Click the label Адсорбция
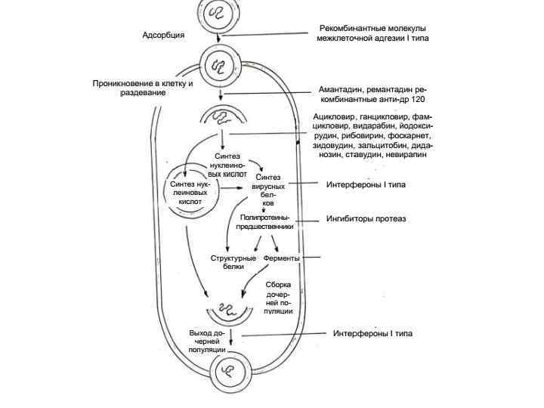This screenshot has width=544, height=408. (x=163, y=35)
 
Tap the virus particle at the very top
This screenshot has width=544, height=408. (x=220, y=14)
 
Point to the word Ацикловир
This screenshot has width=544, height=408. (x=338, y=117)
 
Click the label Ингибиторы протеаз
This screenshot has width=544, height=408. (x=366, y=219)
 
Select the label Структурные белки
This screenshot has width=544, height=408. (x=228, y=262)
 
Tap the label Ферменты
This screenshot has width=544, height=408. (x=282, y=258)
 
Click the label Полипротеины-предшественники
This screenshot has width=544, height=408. (x=265, y=221)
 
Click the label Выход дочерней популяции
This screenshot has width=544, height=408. (x=207, y=342)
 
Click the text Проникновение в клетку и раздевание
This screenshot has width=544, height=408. (x=143, y=88)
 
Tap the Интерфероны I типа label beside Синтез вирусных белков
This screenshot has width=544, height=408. (x=366, y=184)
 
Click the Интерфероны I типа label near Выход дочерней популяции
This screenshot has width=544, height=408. (x=373, y=333)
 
